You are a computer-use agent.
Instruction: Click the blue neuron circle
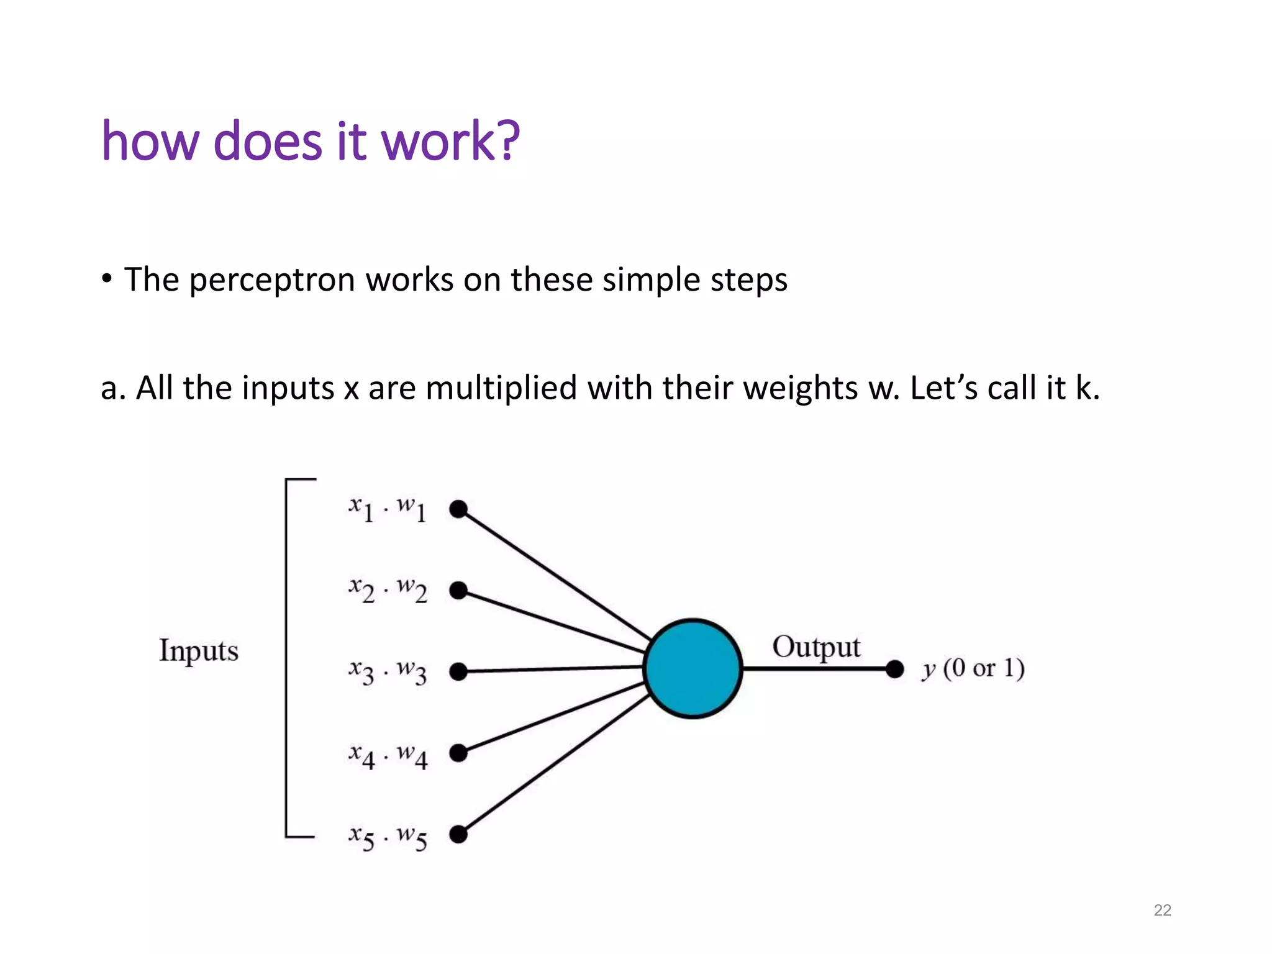tap(693, 668)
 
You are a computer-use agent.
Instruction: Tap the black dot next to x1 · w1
tap(458, 509)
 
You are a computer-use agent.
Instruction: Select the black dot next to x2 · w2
tap(458, 590)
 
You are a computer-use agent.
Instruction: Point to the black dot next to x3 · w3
tap(458, 671)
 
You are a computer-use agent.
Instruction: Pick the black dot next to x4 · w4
tap(458, 753)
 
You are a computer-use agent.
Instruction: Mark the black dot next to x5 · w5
tap(458, 834)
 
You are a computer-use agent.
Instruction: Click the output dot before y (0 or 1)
tap(894, 669)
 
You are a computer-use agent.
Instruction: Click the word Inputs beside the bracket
tap(199, 651)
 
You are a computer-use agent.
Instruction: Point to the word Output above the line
tap(816, 647)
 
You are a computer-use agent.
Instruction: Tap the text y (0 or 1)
tap(973, 669)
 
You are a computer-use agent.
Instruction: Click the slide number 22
tap(1162, 910)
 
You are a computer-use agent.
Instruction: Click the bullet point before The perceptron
tap(107, 279)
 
